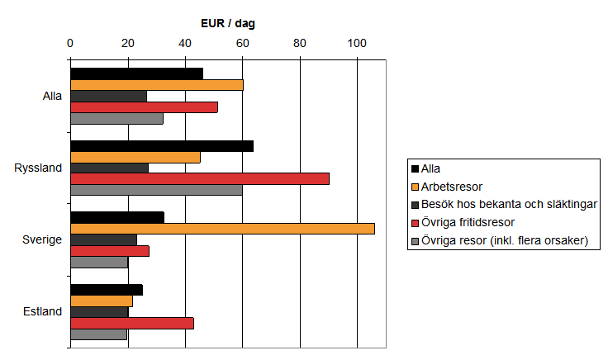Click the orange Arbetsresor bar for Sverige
click(x=222, y=229)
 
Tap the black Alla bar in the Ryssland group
click(x=161, y=146)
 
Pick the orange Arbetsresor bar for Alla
click(x=156, y=84)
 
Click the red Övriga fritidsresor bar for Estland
click(x=131, y=323)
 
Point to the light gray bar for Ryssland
click(x=156, y=190)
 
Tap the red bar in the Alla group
click(x=144, y=107)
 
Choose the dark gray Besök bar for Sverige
click(x=103, y=239)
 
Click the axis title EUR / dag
click(x=228, y=23)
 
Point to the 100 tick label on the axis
click(x=357, y=43)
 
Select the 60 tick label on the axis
click(x=242, y=43)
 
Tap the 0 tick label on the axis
click(x=70, y=43)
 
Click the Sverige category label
click(x=42, y=239)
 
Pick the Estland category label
click(x=42, y=311)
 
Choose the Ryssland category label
click(x=38, y=168)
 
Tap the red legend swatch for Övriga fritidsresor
click(x=415, y=222)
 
